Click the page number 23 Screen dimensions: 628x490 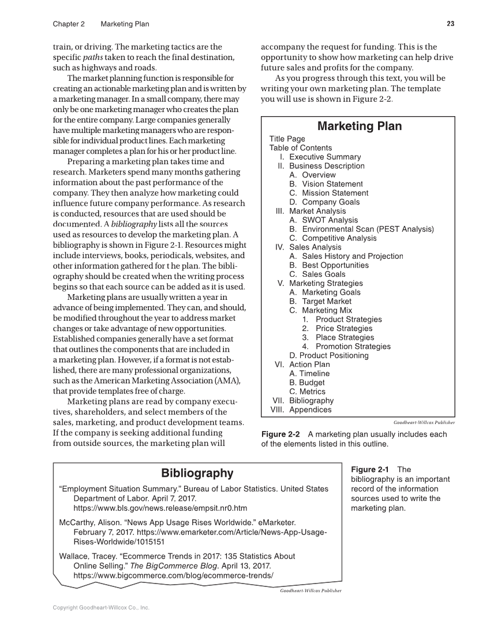[450, 24]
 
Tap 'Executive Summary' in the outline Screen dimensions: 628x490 [325, 157]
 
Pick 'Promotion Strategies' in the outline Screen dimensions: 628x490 [353, 347]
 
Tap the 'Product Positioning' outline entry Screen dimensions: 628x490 [329, 355]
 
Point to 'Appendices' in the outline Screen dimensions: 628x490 [311, 410]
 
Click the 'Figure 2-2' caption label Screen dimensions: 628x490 [281, 434]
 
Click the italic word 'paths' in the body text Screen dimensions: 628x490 [93, 57]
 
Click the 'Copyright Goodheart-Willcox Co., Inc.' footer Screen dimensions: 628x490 [101, 608]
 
